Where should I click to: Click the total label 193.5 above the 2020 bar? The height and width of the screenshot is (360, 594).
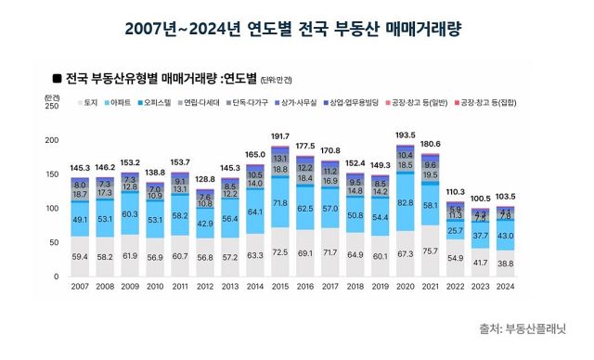point(405,135)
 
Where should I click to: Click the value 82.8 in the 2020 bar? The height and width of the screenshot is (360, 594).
point(405,202)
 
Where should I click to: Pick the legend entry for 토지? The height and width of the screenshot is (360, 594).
point(88,101)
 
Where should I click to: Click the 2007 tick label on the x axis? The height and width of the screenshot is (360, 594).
point(79,287)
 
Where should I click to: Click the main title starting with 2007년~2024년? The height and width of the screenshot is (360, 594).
point(296,28)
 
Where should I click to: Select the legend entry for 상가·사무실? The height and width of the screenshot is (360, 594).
point(298,101)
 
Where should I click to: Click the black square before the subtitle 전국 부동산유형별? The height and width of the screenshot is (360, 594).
point(58,80)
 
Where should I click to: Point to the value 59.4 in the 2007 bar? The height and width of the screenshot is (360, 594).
point(79,256)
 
